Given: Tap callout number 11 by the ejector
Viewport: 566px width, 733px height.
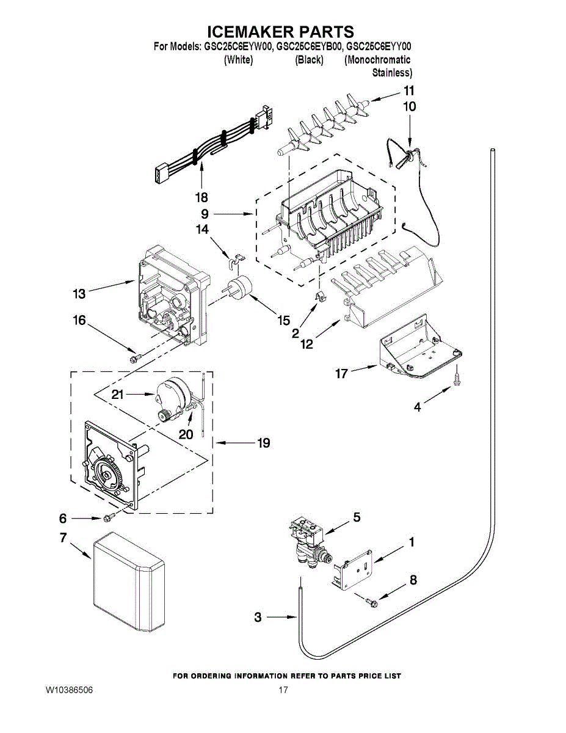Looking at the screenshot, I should point(408,90).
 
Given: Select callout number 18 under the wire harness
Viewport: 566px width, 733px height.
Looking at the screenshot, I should point(201,197).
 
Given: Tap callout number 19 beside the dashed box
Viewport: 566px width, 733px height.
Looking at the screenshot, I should point(263,443).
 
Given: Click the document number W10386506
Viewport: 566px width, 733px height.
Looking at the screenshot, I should point(68,690).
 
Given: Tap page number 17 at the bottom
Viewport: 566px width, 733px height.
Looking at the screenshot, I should point(283,690).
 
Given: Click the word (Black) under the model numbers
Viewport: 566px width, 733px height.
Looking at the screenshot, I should point(309,60).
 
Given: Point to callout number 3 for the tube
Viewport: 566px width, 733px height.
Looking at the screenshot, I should point(258,618).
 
